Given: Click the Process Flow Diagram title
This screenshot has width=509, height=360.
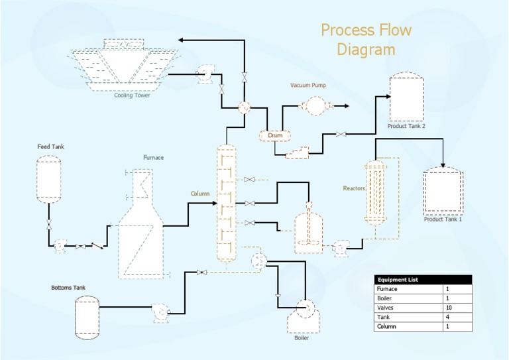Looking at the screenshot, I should [x=366, y=40].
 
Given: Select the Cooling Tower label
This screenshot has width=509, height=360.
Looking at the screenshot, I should [x=132, y=95].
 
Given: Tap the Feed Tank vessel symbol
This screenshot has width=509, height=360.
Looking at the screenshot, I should [x=48, y=178].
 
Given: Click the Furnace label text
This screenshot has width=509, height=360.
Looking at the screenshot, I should [x=153, y=158].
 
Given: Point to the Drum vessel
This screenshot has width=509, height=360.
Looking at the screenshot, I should [x=274, y=135].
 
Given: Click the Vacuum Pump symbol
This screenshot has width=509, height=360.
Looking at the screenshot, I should [x=315, y=105].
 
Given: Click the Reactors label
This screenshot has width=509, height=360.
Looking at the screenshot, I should [x=353, y=188].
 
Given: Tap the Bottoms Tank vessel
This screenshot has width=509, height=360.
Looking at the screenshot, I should [x=86, y=318].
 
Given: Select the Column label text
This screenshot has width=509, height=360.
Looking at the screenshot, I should [x=200, y=194].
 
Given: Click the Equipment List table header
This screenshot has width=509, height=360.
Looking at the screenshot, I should [x=423, y=280].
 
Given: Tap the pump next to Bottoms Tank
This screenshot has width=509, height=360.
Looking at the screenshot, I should [x=160, y=310].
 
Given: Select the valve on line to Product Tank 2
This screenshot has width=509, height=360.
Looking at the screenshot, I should [x=340, y=135].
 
